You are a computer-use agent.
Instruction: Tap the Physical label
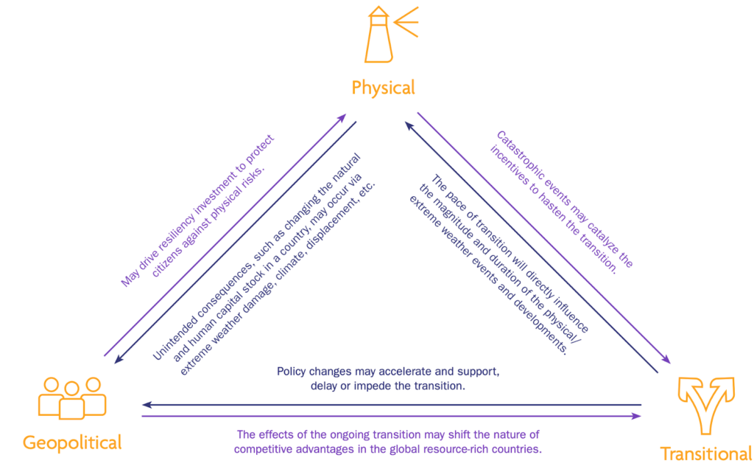point(383,88)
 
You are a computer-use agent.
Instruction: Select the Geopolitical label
point(72,443)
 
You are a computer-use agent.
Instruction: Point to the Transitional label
point(705,454)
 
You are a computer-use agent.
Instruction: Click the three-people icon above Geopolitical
point(71,397)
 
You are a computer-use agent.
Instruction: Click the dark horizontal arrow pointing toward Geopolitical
point(390,405)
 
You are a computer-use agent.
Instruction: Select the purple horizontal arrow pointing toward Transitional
point(390,417)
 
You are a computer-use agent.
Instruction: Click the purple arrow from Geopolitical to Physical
point(225,235)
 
